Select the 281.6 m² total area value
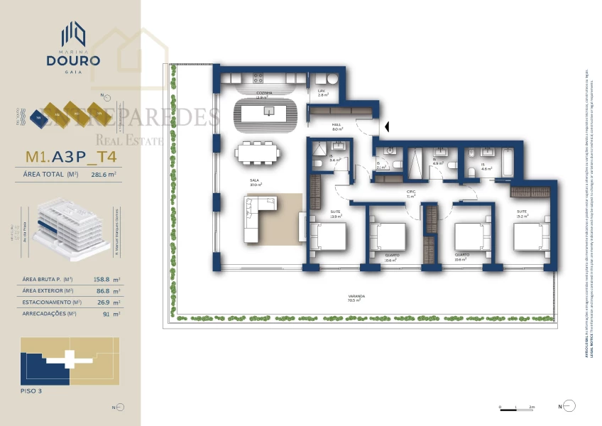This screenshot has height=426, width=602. pyautogui.click(x=104, y=174)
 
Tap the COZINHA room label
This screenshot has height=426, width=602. pyautogui.click(x=266, y=94)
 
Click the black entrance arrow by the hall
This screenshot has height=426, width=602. pyautogui.click(x=388, y=127)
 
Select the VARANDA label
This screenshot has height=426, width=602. pyautogui.click(x=356, y=297)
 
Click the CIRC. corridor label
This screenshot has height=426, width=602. pyautogui.click(x=410, y=193)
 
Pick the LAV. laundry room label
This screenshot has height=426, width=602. pyautogui.click(x=322, y=92)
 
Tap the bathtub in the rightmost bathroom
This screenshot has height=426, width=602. pyautogui.click(x=510, y=161)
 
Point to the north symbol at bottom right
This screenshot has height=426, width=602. pyautogui.click(x=568, y=406)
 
